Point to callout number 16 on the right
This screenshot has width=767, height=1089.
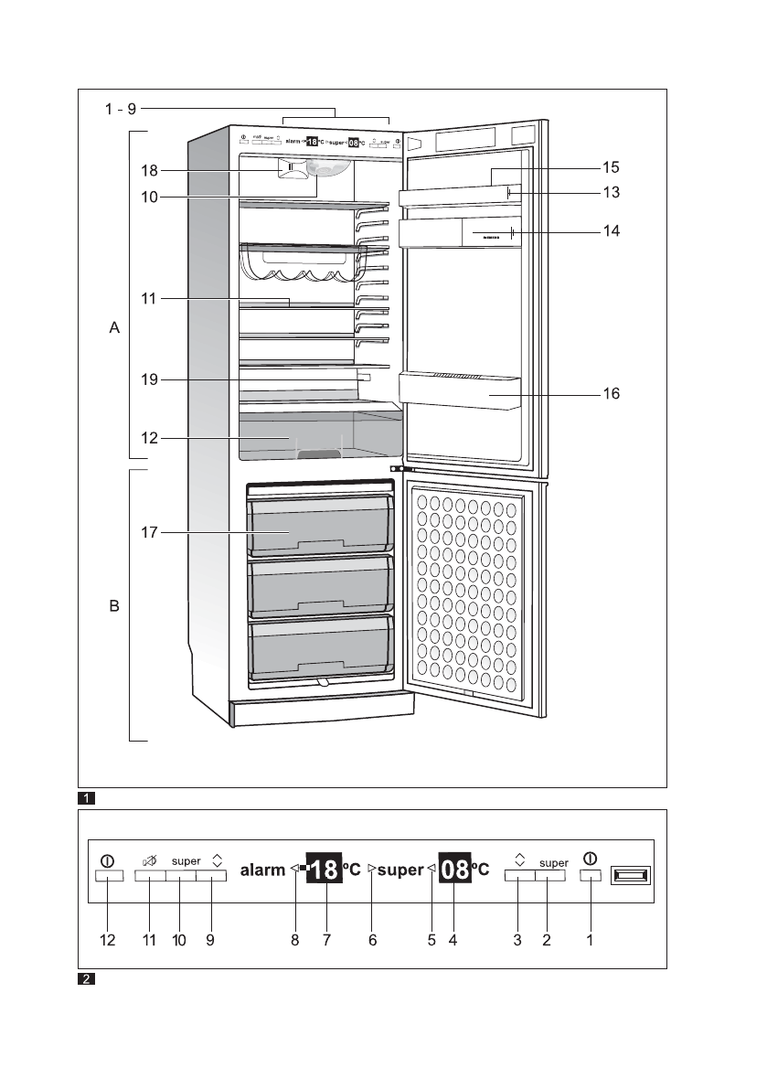(x=611, y=394)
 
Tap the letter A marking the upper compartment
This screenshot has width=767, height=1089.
(x=114, y=326)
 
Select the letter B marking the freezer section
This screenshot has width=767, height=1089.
(x=114, y=605)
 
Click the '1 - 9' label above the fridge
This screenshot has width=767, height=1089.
(x=119, y=109)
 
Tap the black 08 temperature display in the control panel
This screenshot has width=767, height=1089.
(x=454, y=870)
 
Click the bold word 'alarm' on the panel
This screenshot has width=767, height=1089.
(x=262, y=870)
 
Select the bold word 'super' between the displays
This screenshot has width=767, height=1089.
(x=400, y=870)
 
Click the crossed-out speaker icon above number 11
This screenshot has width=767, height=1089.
(x=149, y=860)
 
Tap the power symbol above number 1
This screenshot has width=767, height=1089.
(x=591, y=859)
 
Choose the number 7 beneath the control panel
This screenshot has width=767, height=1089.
(x=325, y=941)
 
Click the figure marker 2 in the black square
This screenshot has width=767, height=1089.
(x=85, y=979)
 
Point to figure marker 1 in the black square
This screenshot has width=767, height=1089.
(x=85, y=797)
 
